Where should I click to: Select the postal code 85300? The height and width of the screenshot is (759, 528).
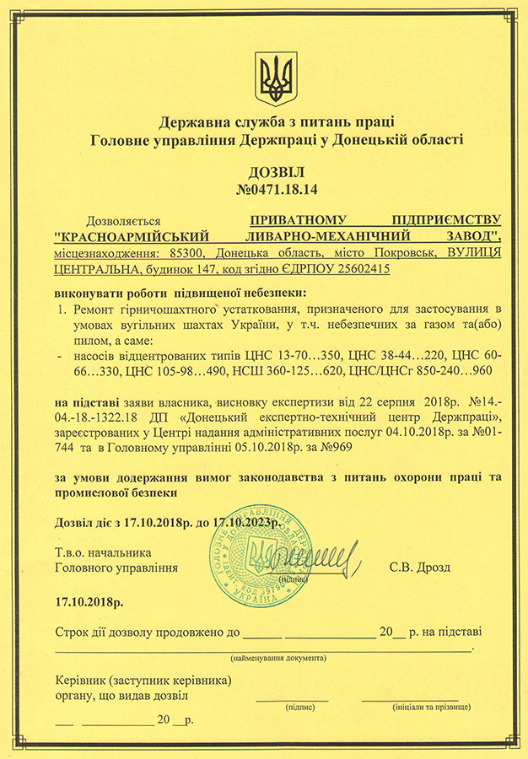coord(189,253)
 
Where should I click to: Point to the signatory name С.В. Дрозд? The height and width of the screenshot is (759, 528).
coord(420,568)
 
